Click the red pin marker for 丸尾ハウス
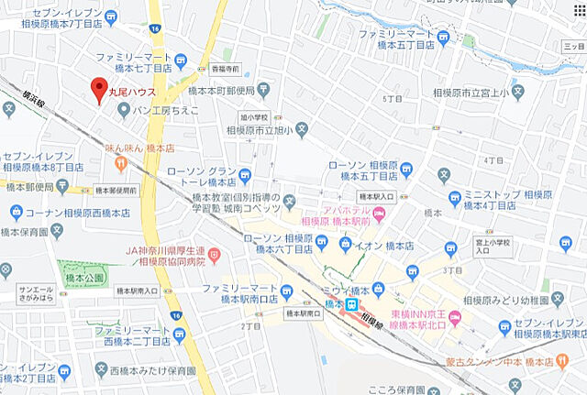98,90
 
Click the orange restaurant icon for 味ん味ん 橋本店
120,163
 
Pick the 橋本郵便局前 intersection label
116,191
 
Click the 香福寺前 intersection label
224,69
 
